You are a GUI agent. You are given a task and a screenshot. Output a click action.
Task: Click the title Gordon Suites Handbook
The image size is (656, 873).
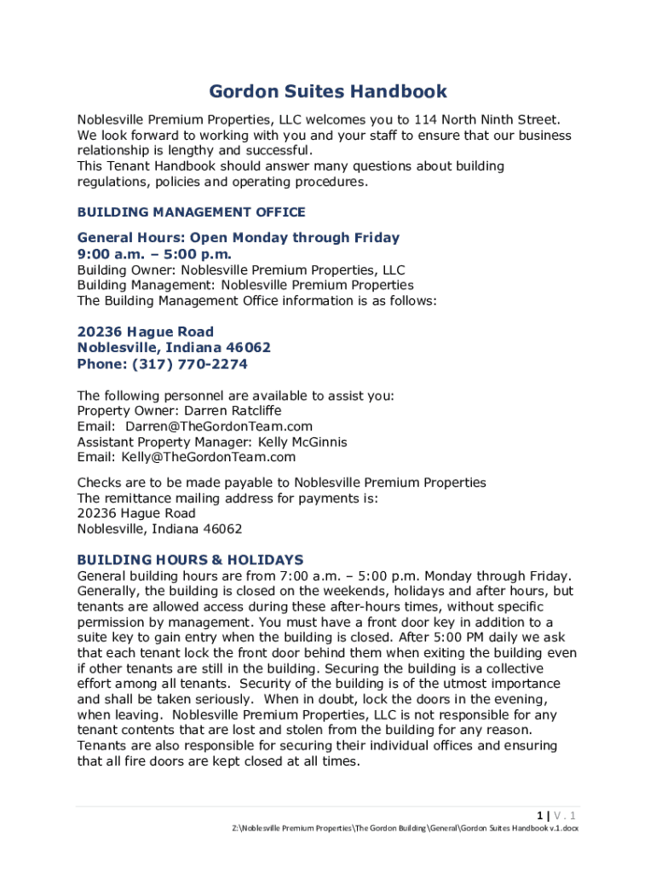point(328,92)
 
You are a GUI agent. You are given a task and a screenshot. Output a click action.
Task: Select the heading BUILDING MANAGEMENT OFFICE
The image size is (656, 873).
point(191,212)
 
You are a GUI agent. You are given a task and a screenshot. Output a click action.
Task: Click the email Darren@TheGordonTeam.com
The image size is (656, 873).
point(219,426)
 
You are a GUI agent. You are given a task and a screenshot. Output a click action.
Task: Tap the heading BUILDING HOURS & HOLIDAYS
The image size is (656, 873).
point(190,560)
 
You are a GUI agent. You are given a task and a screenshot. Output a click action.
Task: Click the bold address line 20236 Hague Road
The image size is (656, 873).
point(146,332)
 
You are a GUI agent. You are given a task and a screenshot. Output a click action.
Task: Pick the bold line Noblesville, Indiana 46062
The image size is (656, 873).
point(174,348)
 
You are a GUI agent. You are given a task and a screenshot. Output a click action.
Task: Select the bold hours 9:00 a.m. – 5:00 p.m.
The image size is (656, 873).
point(154,254)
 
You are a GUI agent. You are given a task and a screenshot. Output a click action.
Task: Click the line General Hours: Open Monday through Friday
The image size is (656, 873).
point(239,238)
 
